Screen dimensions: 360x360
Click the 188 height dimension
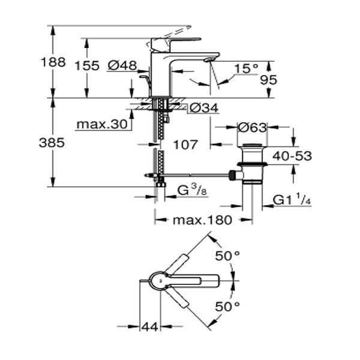click(53, 62)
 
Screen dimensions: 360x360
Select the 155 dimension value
click(87, 65)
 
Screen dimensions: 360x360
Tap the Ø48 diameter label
click(122, 65)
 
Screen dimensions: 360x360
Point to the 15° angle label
click(246, 68)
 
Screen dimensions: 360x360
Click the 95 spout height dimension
click(269, 80)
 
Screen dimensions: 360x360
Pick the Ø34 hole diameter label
click(204, 108)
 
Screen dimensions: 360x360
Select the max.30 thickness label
click(102, 124)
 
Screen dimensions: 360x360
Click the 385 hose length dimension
click(52, 143)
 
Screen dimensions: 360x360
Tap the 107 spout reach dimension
click(185, 145)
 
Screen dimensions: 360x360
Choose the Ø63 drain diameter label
click(253, 127)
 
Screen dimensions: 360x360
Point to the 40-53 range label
click(292, 156)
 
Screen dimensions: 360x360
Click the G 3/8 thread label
click(193, 191)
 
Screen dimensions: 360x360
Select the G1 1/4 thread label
click(292, 200)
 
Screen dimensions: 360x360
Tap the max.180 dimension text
click(202, 220)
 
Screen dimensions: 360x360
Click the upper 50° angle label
click(227, 256)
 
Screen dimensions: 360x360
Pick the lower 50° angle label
click(227, 307)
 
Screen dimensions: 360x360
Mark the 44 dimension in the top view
click(150, 327)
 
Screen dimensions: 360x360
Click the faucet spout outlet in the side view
click(208, 60)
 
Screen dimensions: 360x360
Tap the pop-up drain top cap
click(252, 145)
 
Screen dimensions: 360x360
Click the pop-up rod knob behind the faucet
click(144, 77)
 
